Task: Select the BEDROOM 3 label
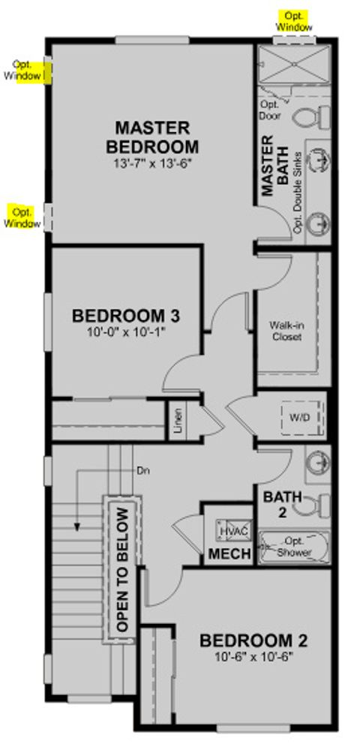(124, 316)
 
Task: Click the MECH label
(223, 556)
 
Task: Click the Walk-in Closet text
(286, 331)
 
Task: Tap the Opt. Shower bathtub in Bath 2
(293, 547)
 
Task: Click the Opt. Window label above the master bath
(295, 21)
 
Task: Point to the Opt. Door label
(269, 110)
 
